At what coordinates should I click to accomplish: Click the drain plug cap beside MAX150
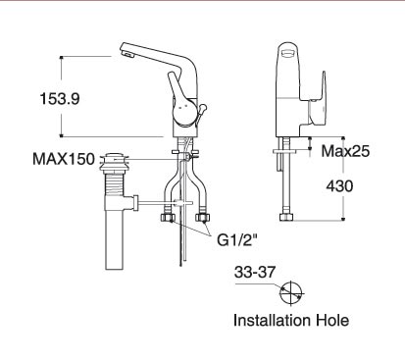point(118,156)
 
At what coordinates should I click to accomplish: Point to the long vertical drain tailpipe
point(115,240)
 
